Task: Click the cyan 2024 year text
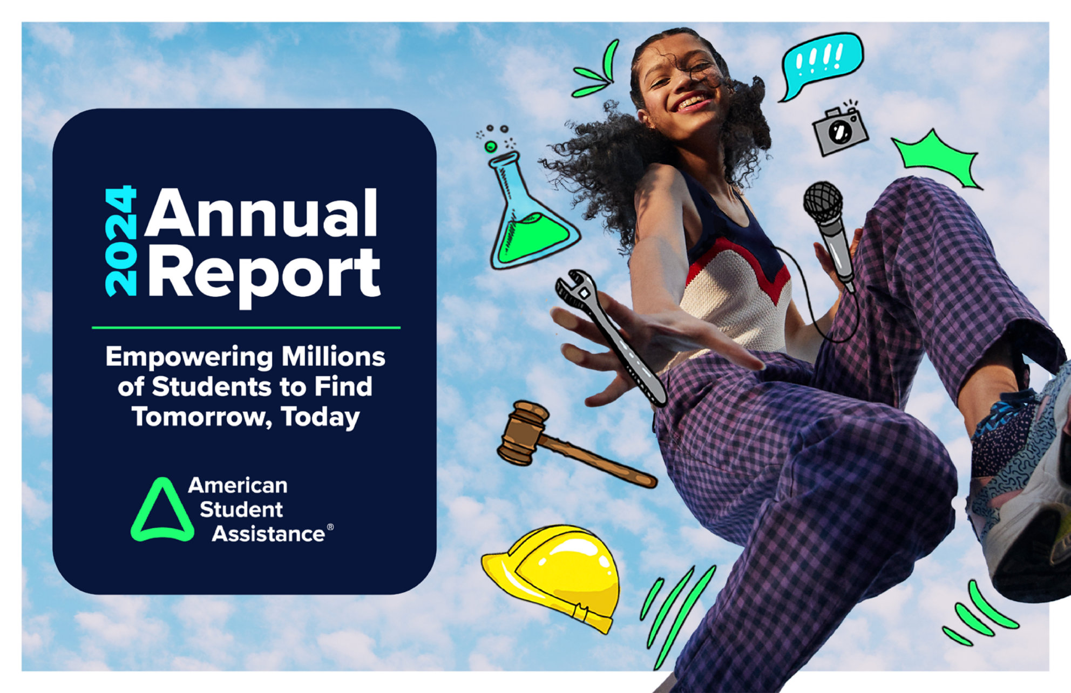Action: [x=121, y=241]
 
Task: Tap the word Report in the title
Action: [x=264, y=274]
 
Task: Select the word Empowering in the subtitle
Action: [x=189, y=357]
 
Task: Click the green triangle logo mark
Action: [x=162, y=511]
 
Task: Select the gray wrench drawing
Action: [x=610, y=335]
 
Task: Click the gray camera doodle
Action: [x=840, y=131]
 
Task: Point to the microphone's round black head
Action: [x=823, y=202]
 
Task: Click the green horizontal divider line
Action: [x=246, y=328]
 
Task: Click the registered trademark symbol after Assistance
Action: [x=330, y=527]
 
